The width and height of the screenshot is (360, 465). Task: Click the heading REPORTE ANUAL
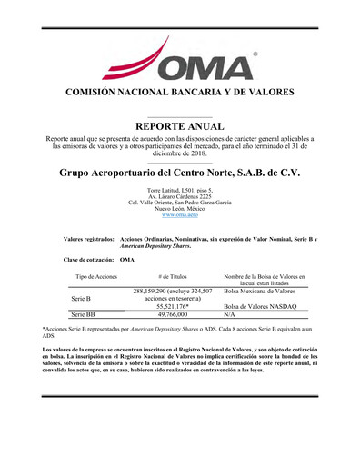180,125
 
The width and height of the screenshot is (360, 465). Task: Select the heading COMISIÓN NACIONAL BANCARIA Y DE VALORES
180,93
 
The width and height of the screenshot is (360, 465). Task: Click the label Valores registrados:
89,238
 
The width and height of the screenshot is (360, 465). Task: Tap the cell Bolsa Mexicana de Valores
259,291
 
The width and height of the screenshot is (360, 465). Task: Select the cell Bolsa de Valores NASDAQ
260,306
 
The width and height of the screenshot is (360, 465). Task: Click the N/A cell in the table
229,314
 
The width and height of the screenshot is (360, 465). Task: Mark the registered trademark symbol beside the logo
254,54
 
